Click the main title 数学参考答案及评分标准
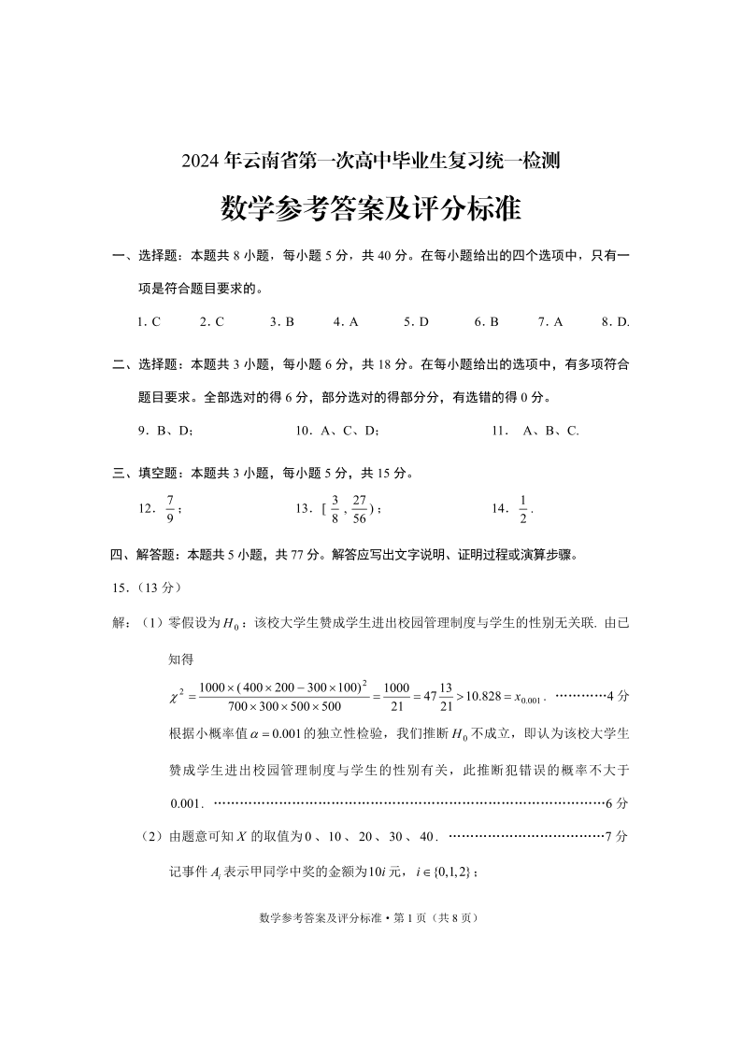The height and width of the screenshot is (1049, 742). point(370,208)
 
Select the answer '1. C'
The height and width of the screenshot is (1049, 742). point(149,322)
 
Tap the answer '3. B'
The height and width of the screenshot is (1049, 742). point(282,322)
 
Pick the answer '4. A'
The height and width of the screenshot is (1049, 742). point(346,322)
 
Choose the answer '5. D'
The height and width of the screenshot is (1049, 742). point(416,322)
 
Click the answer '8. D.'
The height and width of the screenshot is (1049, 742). point(616,322)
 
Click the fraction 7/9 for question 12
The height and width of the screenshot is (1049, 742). point(170,509)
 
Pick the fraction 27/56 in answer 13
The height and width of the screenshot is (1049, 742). point(359,509)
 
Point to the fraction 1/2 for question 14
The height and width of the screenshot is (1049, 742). point(523,509)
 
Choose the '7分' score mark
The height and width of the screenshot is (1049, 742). point(617,836)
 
